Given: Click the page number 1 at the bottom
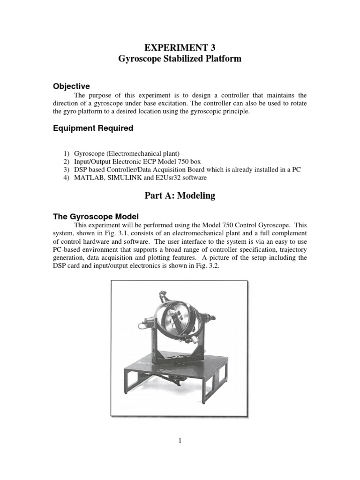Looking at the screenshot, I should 180,441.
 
